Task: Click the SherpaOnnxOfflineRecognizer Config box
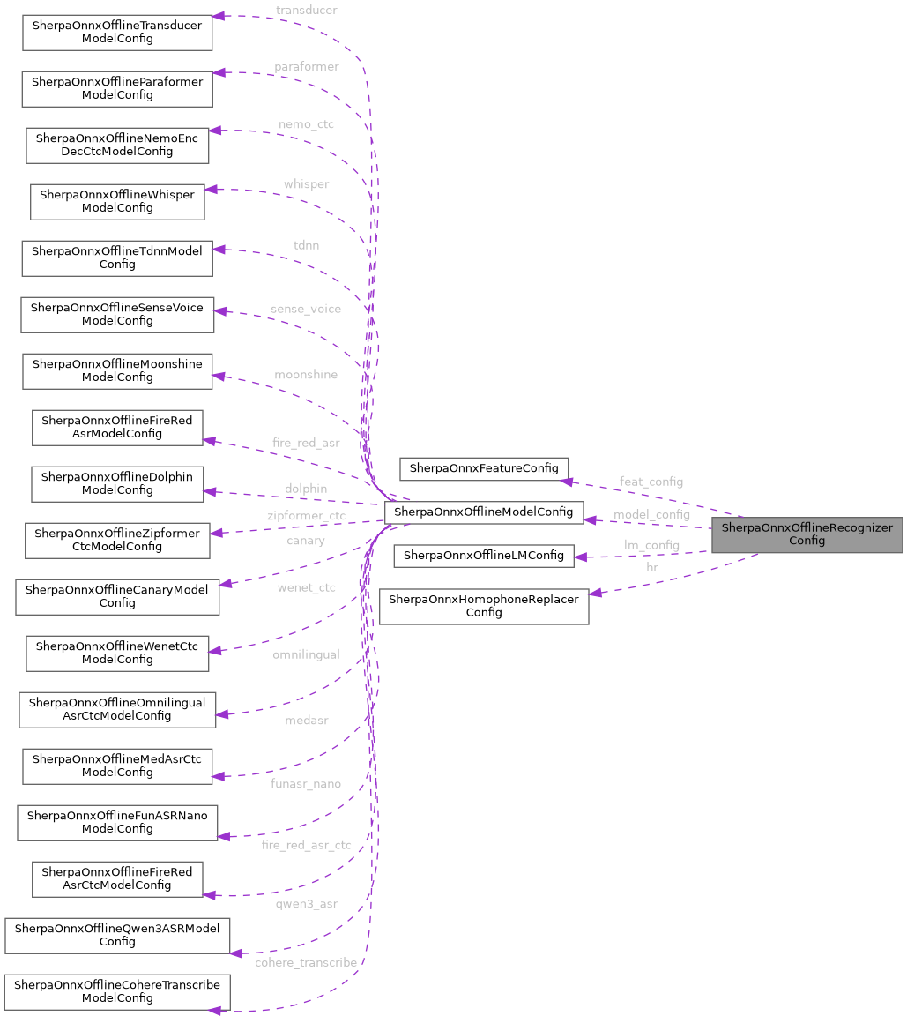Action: point(807,534)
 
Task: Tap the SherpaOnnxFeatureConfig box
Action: point(484,468)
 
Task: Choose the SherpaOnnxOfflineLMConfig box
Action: point(483,556)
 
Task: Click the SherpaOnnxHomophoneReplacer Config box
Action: point(484,606)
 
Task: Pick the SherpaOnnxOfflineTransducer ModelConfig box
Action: point(116,33)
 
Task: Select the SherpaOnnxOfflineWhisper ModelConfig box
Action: point(117,201)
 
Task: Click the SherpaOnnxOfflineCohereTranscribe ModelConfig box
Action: point(117,991)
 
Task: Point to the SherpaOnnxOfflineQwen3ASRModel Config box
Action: point(117,935)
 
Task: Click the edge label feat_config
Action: point(651,482)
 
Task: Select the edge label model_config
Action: point(652,514)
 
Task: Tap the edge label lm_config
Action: point(651,545)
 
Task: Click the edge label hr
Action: point(651,567)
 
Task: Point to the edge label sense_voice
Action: point(305,309)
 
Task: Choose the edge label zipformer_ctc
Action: point(306,515)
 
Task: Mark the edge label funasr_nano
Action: point(307,783)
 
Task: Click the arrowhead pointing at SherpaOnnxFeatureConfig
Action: point(569,480)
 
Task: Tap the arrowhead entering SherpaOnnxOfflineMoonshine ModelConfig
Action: point(220,377)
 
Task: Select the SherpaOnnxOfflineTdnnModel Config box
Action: point(117,258)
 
